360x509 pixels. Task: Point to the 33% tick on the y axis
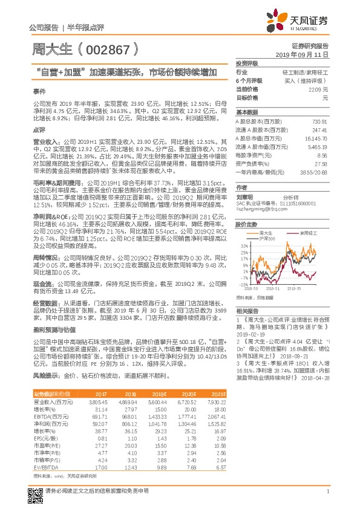point(244,246)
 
